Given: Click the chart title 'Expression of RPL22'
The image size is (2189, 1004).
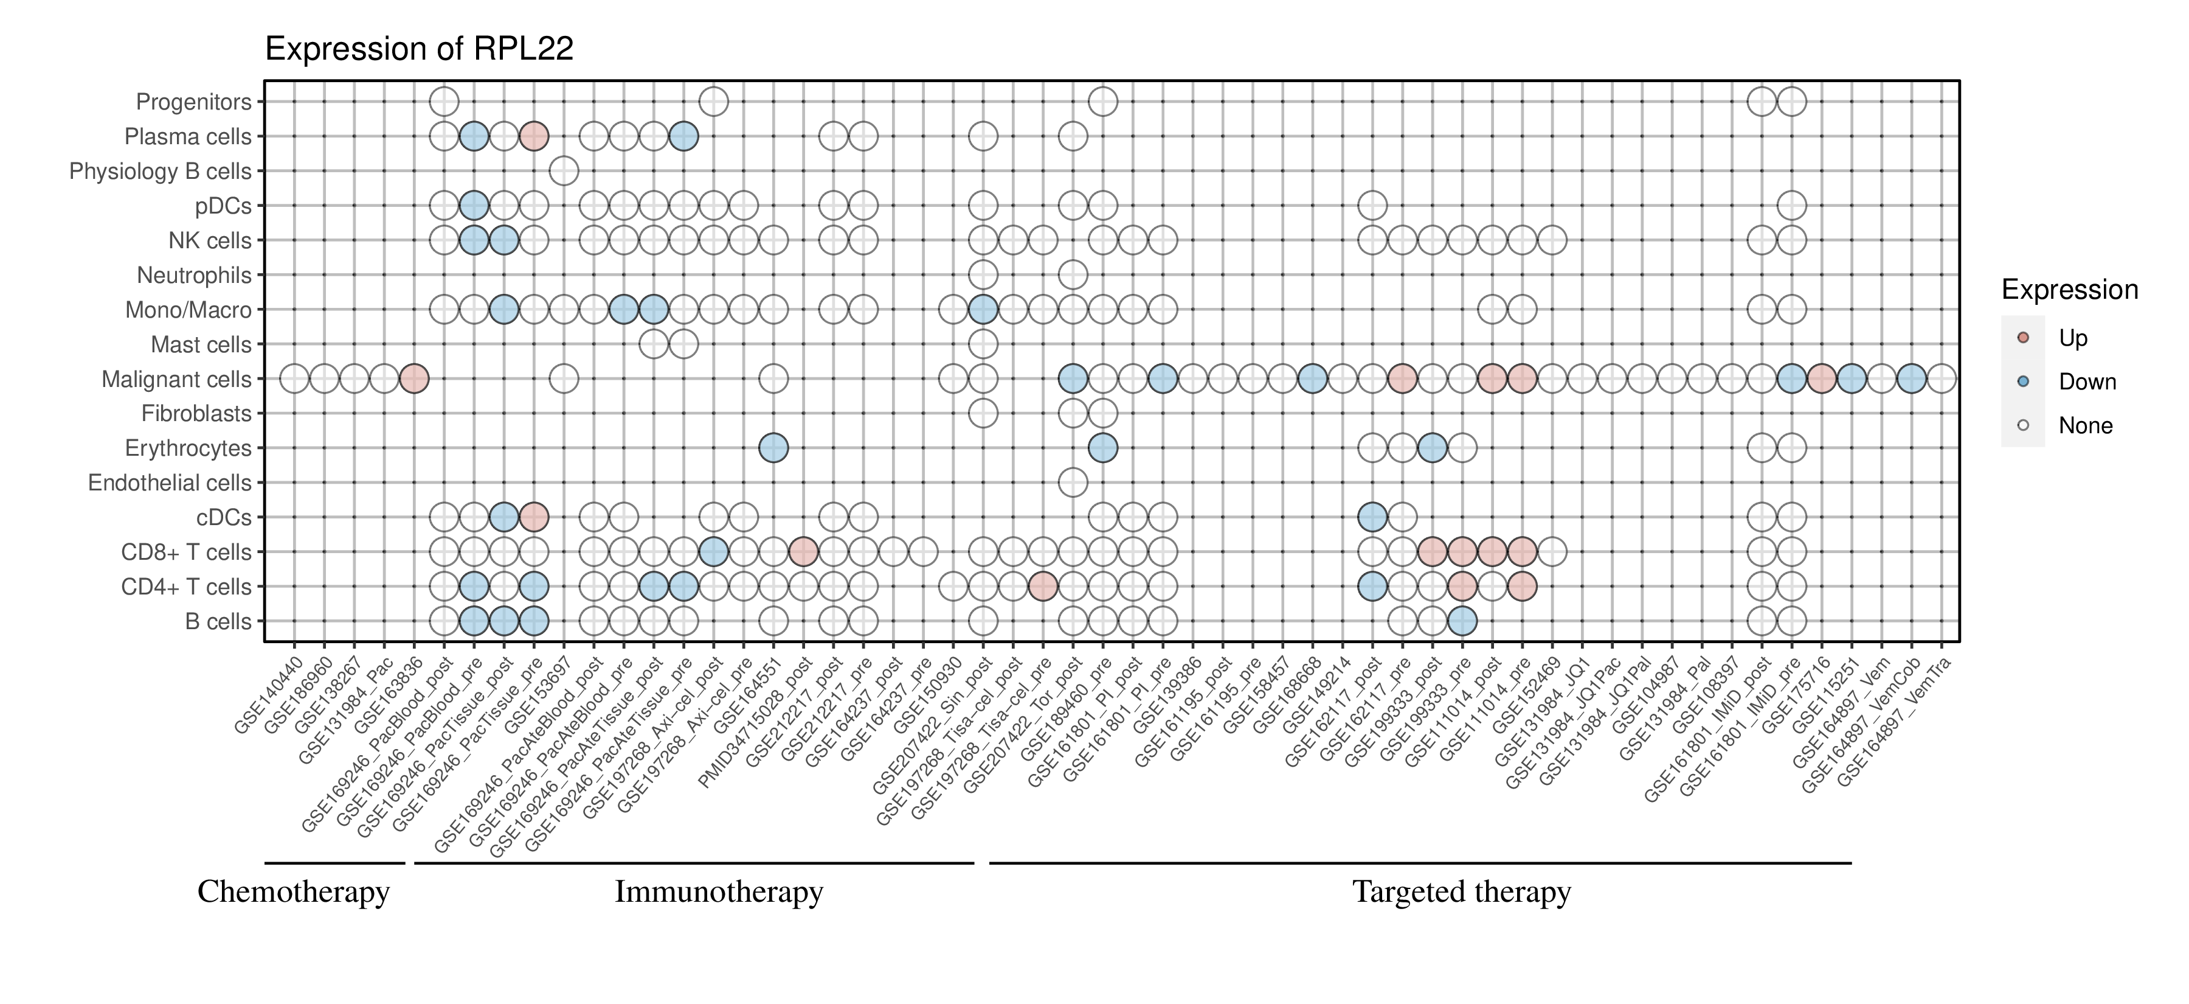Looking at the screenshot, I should coord(419,49).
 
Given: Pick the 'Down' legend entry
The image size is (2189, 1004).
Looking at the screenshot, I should coord(2086,382).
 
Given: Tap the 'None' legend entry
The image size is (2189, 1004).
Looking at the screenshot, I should coord(2084,426).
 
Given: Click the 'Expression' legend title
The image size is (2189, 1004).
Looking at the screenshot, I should coord(2069,290).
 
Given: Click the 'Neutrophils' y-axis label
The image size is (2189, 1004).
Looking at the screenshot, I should coord(194,276).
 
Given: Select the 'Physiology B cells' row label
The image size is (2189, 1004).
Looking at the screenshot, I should coord(160,172).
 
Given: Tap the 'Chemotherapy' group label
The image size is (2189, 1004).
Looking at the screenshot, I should coord(293,892).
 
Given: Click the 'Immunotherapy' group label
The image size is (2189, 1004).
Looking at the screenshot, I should coord(719,892).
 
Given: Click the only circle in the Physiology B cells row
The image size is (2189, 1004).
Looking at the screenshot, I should coord(564,171).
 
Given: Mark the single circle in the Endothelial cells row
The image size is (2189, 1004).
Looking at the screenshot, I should coord(1073,483).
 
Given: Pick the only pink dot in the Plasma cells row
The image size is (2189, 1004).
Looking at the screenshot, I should coord(534,136).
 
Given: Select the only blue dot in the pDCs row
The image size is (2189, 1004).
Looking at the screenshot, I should coord(473,206).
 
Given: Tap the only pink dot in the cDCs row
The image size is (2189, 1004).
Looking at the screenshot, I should coord(534,517).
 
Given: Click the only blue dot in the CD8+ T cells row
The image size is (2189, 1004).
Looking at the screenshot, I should coord(714,552).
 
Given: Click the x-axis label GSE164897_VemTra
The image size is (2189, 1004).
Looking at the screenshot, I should coord(1895,723).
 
